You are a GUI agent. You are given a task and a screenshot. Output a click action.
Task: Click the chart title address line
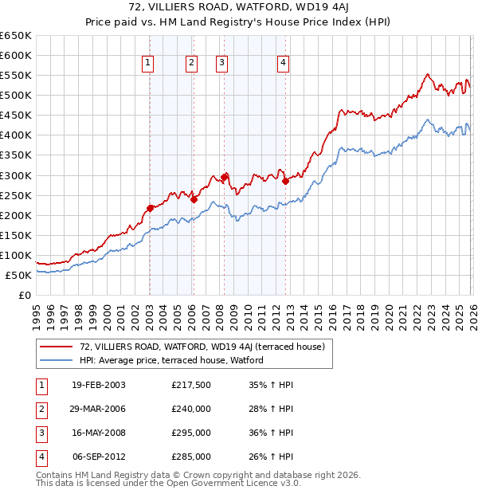[239, 9]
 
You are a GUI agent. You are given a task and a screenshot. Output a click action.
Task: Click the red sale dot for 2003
[150, 208]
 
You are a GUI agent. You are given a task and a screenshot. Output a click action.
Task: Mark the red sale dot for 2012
[285, 181]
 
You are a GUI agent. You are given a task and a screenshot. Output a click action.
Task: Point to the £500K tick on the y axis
[16, 95]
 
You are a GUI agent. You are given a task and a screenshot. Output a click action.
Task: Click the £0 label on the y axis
[24, 295]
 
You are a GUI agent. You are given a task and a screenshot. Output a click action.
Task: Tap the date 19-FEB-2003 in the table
[98, 385]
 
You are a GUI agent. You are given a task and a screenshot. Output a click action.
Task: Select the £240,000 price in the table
[191, 409]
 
